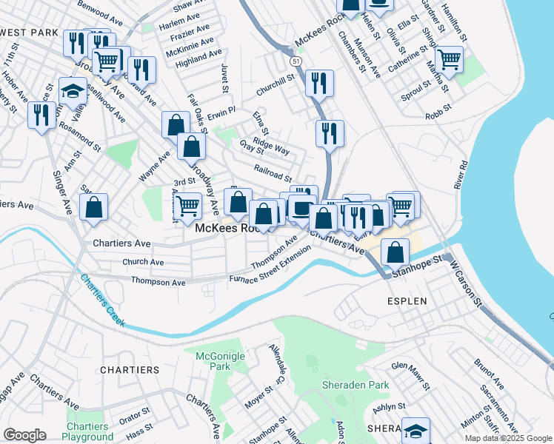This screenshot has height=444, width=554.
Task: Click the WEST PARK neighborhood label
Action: (30, 33)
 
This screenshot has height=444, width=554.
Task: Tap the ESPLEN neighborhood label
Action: (407, 302)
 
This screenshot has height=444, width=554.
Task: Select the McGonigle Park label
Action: (215, 361)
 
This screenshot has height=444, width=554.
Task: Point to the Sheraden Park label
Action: (355, 386)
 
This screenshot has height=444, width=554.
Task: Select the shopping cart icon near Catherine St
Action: (449, 58)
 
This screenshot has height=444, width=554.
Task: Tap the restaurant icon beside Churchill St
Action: (319, 82)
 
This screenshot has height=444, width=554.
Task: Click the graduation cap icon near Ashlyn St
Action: (415, 430)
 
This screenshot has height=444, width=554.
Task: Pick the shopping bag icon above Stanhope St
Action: (396, 252)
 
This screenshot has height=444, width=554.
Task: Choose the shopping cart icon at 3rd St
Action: (188, 205)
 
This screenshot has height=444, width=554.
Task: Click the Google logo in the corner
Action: (24, 435)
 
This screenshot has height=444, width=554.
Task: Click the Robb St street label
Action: (438, 115)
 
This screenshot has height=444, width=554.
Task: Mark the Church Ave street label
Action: (143, 262)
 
